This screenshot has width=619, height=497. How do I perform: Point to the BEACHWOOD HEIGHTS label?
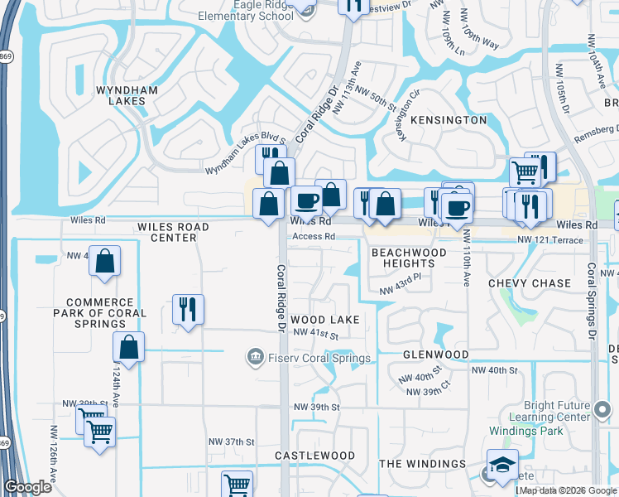pyautogui.click(x=408, y=258)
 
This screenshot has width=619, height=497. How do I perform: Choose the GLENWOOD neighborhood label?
pyautogui.click(x=435, y=355)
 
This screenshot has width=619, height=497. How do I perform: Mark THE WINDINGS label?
pyautogui.click(x=422, y=464)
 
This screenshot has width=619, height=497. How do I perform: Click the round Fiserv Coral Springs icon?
pyautogui.click(x=255, y=357)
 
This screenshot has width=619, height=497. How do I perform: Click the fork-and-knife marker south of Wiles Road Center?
pyautogui.click(x=188, y=310)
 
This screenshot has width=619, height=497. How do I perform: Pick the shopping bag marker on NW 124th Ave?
pyautogui.click(x=128, y=348)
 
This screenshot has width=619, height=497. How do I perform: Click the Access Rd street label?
pyautogui.click(x=312, y=236)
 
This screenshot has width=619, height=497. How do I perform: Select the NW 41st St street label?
pyautogui.click(x=316, y=333)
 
